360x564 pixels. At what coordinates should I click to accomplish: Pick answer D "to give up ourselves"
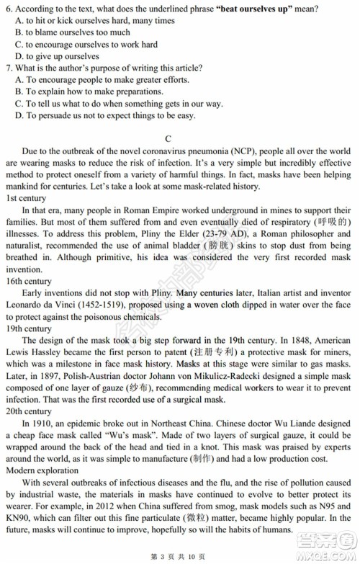coord(62,56)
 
